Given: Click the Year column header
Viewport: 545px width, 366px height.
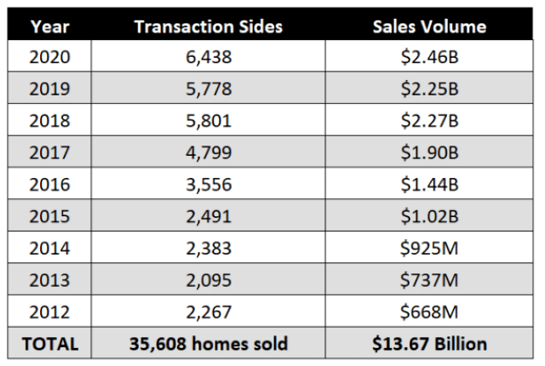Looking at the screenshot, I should pyautogui.click(x=49, y=26).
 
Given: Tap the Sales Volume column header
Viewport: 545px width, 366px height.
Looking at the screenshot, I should pyautogui.click(x=429, y=26).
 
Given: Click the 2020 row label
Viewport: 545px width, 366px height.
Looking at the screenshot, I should pyautogui.click(x=49, y=57).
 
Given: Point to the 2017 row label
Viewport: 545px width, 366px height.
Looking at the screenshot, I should pyautogui.click(x=49, y=152).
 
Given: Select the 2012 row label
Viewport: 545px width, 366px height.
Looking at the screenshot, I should pyautogui.click(x=49, y=312).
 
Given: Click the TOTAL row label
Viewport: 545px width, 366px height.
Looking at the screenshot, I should pyautogui.click(x=49, y=344).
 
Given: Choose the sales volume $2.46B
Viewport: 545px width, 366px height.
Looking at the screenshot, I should pyautogui.click(x=429, y=57).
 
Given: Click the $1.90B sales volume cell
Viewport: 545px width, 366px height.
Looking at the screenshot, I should pyautogui.click(x=429, y=152).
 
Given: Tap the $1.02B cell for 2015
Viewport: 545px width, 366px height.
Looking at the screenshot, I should pyautogui.click(x=429, y=216).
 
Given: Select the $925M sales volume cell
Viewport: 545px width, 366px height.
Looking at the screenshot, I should pyautogui.click(x=429, y=249).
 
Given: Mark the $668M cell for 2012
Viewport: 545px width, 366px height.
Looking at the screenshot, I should pyautogui.click(x=429, y=312).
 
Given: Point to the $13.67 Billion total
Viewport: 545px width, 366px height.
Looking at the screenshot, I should pyautogui.click(x=429, y=344).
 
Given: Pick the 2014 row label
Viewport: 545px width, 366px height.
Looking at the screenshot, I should pyautogui.click(x=49, y=249).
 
